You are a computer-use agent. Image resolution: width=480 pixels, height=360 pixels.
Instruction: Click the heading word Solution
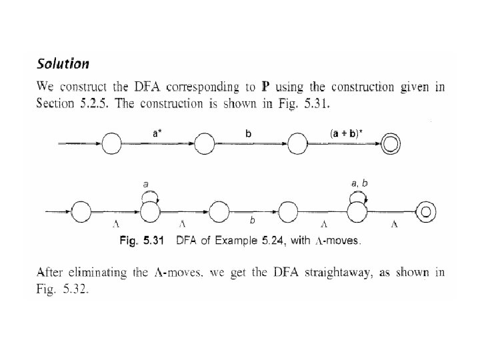63,64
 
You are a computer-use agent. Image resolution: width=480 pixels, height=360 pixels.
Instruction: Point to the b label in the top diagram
249,133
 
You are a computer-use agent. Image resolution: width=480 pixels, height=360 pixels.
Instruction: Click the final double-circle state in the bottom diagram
425,212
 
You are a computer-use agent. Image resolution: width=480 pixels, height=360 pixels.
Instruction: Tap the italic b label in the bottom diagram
251,219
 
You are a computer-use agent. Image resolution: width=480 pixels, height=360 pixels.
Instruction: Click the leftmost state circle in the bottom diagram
81,212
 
